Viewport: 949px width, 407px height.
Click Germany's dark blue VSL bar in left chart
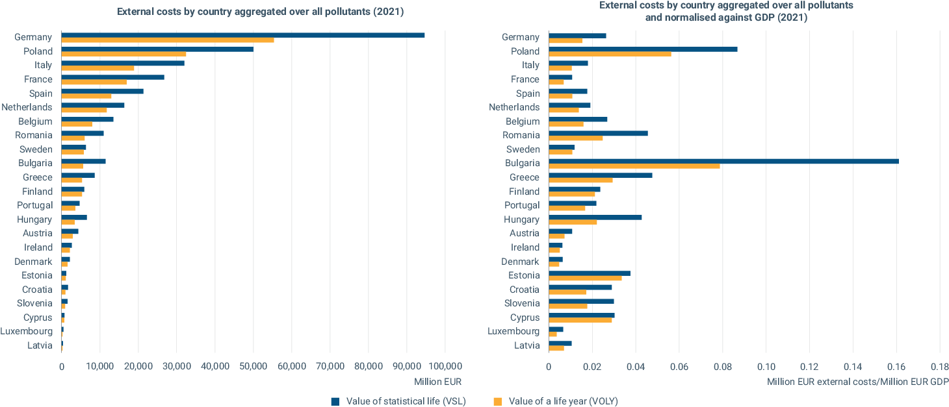[x=242, y=35]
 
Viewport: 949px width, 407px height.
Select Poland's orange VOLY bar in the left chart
[x=123, y=54]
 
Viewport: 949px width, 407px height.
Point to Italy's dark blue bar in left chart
[x=123, y=63]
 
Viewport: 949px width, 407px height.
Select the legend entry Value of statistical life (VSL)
[x=398, y=401]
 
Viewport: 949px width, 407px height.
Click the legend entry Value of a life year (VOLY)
[x=556, y=401]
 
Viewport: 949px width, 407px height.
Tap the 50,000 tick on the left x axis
[x=253, y=366]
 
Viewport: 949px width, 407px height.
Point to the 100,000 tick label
[x=445, y=366]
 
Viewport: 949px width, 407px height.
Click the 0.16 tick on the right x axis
[x=896, y=366]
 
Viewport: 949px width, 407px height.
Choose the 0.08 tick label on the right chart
[x=723, y=366]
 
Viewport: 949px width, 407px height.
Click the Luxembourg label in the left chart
[x=27, y=331]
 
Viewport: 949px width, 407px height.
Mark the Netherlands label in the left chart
[x=27, y=107]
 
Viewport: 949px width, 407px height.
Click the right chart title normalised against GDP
[x=726, y=12]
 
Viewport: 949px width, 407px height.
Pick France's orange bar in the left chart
[x=94, y=82]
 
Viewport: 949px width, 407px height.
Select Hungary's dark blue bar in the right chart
[x=595, y=217]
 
